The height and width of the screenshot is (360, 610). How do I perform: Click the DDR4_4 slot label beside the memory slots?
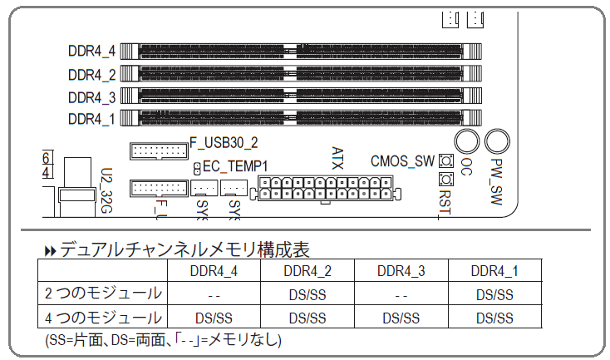pos(91,51)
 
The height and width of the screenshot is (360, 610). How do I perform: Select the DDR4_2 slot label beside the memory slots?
pos(91,75)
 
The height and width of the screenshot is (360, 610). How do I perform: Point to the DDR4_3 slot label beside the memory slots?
pos(91,96)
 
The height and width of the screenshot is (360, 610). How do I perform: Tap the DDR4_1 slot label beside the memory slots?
pos(91,118)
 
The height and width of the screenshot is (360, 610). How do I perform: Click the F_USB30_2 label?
pos(224,142)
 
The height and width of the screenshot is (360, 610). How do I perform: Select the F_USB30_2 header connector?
pos(157,151)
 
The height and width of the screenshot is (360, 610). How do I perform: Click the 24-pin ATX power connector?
pos(329,188)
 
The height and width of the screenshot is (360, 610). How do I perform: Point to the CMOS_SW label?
pos(402,161)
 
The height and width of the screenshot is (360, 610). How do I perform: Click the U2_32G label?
pos(106,190)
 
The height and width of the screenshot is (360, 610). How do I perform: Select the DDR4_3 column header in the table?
pos(401,271)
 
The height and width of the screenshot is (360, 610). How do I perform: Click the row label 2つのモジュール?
pos(104,293)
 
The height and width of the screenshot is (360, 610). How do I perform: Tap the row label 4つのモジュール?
pos(104,317)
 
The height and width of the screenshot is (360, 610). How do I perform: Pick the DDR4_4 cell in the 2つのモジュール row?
pos(214,294)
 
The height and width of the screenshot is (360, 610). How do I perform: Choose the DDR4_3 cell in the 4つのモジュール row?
pos(401,318)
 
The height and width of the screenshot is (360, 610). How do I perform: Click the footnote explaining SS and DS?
pos(163,339)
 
